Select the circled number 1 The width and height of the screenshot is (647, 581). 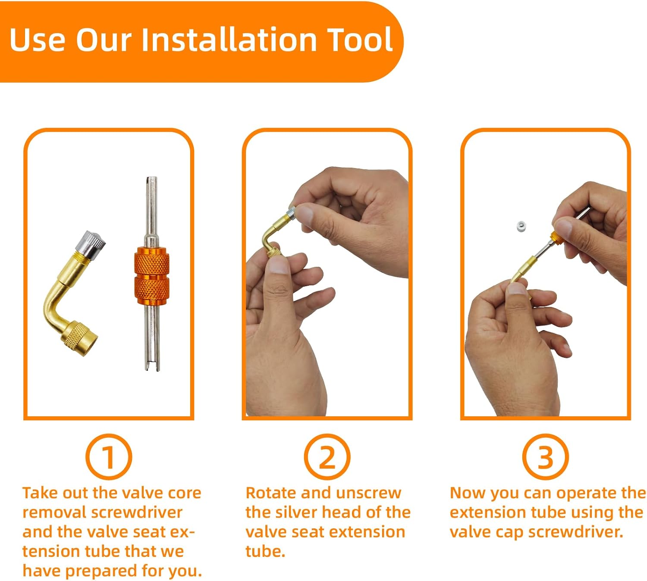[x=109, y=456]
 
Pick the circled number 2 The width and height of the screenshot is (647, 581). [x=327, y=456]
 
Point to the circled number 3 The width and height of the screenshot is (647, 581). [x=545, y=456]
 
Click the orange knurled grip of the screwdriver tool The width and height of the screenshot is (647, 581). [x=151, y=276]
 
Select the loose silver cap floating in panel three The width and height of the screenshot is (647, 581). [x=521, y=226]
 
